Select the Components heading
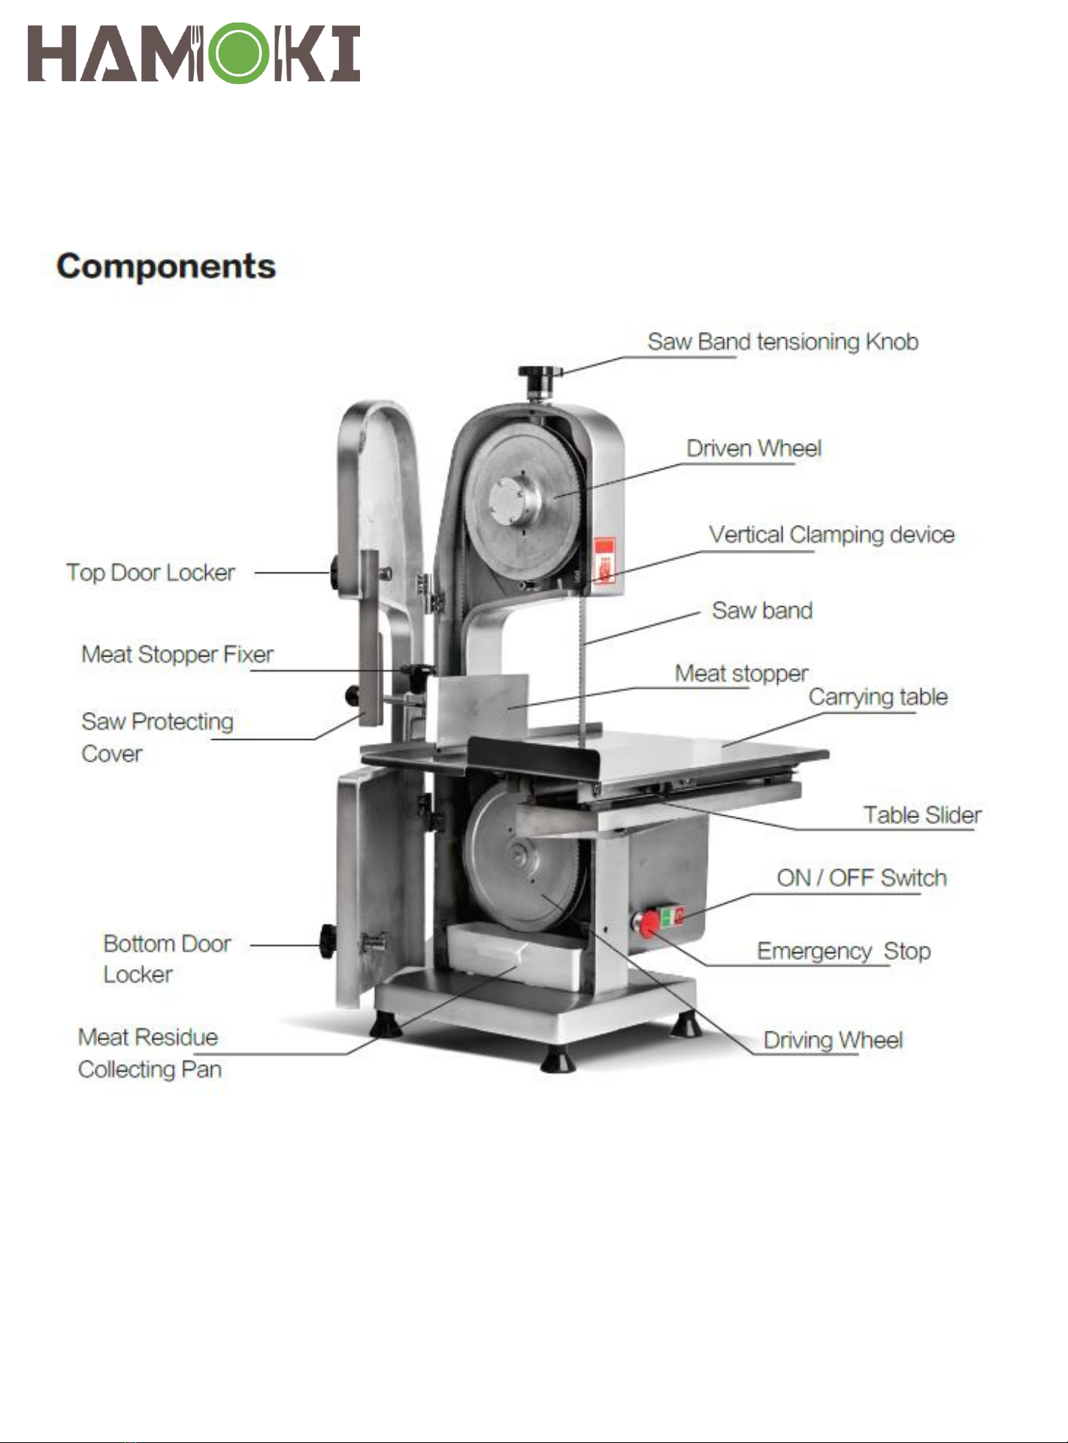click(166, 267)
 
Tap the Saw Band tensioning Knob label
click(782, 342)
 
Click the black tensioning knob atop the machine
click(539, 373)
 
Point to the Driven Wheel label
click(754, 448)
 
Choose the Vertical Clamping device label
click(831, 535)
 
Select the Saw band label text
click(762, 611)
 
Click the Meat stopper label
click(741, 673)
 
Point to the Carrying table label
click(878, 697)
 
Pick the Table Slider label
click(922, 815)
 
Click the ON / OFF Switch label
click(861, 878)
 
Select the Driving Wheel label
click(833, 1040)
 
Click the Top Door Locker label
click(150, 572)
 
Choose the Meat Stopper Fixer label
click(177, 654)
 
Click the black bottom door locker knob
click(328, 941)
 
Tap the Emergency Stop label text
click(843, 952)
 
